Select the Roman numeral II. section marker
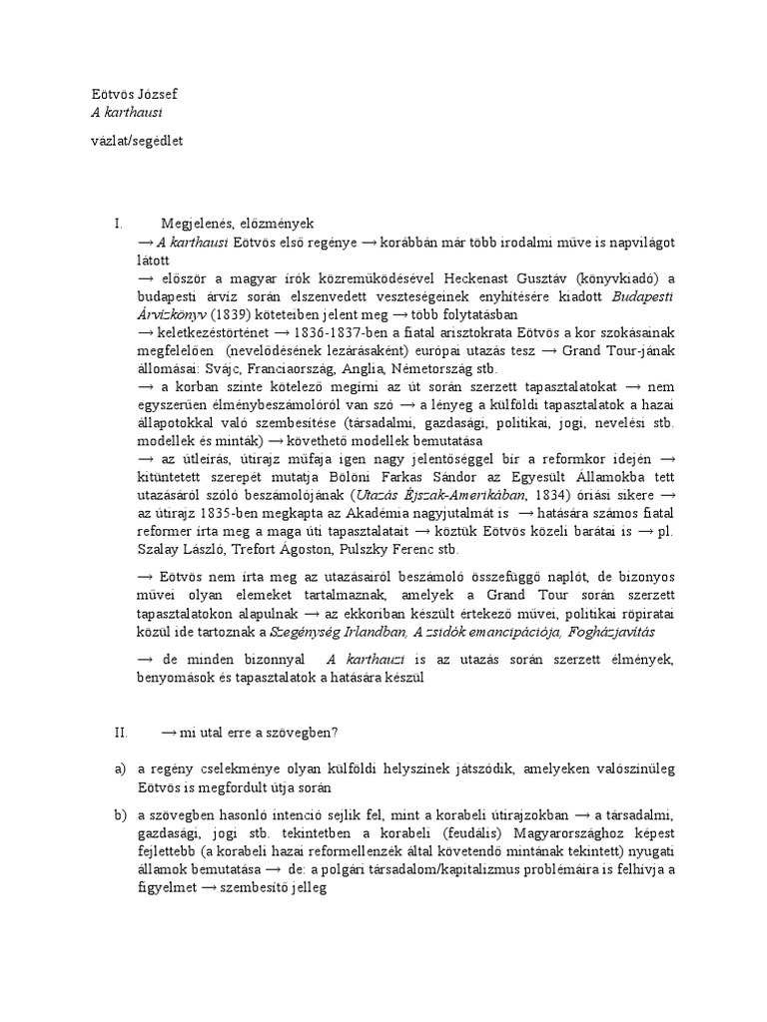point(121,732)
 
